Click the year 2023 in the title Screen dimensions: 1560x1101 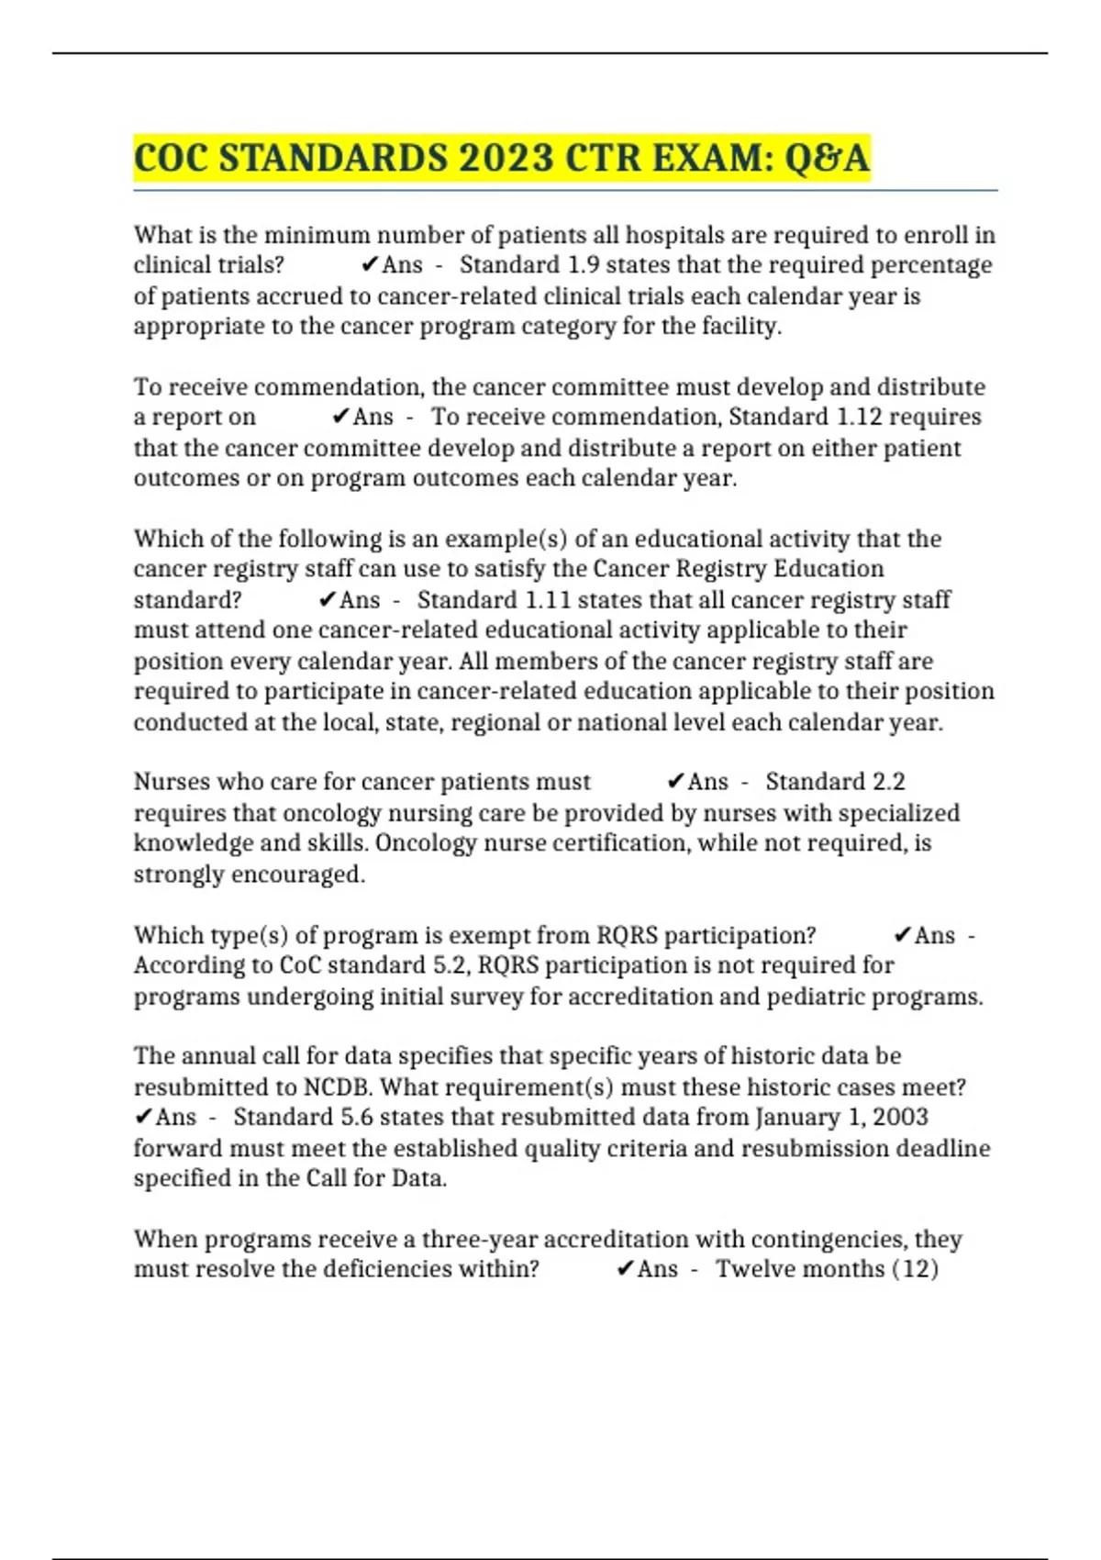pyautogui.click(x=506, y=158)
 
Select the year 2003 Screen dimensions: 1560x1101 pyautogui.click(x=900, y=1117)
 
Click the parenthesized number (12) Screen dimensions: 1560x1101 pyautogui.click(x=915, y=1269)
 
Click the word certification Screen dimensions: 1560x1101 pyautogui.click(x=606, y=843)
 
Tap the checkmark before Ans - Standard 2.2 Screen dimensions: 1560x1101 pyautogui.click(x=674, y=782)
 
